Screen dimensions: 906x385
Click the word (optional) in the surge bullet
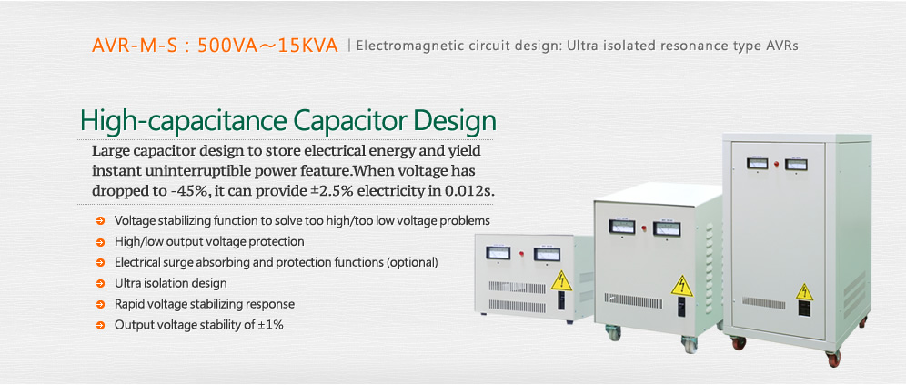coord(412,262)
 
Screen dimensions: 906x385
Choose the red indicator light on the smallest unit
coord(522,253)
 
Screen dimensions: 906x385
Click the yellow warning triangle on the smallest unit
coord(560,281)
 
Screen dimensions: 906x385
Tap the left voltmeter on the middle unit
coord(621,227)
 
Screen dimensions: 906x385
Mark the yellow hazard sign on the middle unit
coord(682,287)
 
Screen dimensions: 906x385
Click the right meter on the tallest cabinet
coord(796,164)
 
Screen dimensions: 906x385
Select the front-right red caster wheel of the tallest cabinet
coord(832,358)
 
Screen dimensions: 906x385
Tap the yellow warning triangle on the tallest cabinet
coord(804,292)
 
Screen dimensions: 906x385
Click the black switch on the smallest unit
coord(562,301)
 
